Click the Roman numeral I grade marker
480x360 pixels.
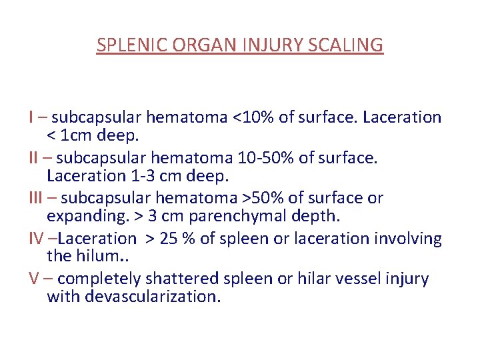click(x=31, y=117)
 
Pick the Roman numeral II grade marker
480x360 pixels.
click(x=34, y=158)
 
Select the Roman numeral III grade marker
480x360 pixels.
click(x=37, y=198)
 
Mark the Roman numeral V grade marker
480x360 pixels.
click(x=33, y=279)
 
